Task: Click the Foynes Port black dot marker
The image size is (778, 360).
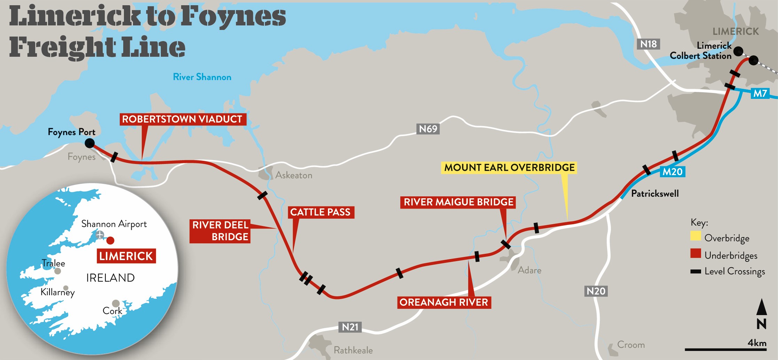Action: click(89, 143)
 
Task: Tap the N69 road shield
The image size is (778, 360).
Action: click(428, 129)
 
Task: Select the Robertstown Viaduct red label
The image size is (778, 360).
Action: click(182, 119)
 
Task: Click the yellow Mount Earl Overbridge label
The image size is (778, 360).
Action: click(509, 167)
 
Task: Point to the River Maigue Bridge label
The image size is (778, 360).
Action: click(458, 202)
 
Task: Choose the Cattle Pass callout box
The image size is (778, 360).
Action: click(320, 212)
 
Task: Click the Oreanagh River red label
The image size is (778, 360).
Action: click(443, 302)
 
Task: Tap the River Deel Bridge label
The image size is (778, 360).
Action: click(220, 231)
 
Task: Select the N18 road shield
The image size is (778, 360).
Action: click(649, 44)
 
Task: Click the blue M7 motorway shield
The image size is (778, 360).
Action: click(760, 93)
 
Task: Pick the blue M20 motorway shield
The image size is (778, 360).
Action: click(672, 172)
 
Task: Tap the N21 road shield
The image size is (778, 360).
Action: click(350, 327)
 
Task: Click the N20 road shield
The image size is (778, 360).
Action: click(596, 291)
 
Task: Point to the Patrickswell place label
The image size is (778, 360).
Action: click(655, 194)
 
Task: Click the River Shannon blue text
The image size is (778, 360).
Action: click(202, 77)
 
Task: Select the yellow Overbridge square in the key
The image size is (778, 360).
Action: click(696, 236)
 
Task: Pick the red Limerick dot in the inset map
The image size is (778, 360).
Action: click(110, 240)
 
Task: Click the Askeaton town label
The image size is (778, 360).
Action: click(293, 175)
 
